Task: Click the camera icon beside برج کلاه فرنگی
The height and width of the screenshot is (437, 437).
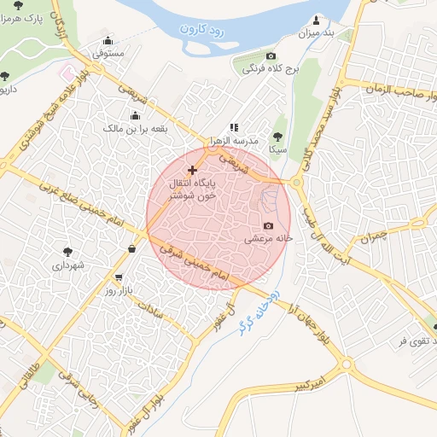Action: pos(271,55)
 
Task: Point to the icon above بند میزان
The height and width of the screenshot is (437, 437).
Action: pos(318,20)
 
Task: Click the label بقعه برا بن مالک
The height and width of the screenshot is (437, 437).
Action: pos(136,129)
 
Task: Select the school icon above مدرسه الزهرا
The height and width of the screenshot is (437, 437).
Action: pos(234,127)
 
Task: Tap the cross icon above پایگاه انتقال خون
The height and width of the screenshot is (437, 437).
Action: pos(192,170)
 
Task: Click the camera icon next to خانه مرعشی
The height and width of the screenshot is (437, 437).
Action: pos(268,226)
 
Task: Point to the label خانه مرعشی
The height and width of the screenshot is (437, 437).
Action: pos(270,239)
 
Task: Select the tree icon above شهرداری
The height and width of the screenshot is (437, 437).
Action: pos(67,252)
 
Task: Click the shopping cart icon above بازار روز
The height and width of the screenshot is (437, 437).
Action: pos(118,277)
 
